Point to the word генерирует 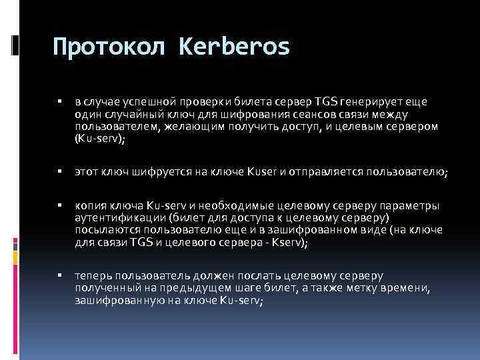click(371, 102)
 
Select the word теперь click(93, 275)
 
